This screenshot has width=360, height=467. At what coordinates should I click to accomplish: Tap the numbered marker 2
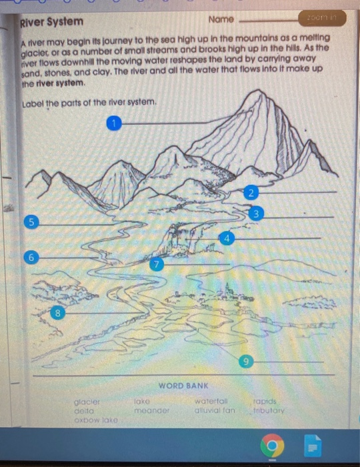(250, 193)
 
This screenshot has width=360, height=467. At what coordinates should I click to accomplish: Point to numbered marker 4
(227, 238)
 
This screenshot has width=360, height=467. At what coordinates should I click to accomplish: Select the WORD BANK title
(183, 386)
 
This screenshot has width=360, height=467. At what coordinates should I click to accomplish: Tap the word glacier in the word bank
(87, 402)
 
